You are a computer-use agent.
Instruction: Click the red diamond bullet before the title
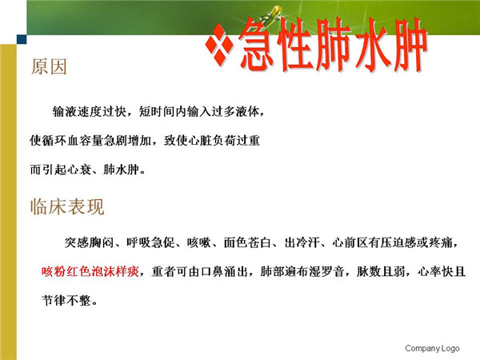219,45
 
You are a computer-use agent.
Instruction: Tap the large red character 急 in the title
255,44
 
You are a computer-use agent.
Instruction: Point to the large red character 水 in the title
372,45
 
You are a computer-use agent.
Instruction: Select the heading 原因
49,66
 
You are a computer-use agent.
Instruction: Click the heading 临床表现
67,206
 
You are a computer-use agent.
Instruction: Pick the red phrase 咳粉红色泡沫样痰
90,271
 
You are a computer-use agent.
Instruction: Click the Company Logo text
432,348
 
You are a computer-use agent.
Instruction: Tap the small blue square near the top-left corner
22,39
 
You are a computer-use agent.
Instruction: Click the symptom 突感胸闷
89,242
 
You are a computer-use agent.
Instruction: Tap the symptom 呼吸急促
150,242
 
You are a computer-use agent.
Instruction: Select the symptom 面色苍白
248,242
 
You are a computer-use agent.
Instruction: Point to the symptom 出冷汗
302,242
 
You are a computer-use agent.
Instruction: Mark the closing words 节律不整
66,301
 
